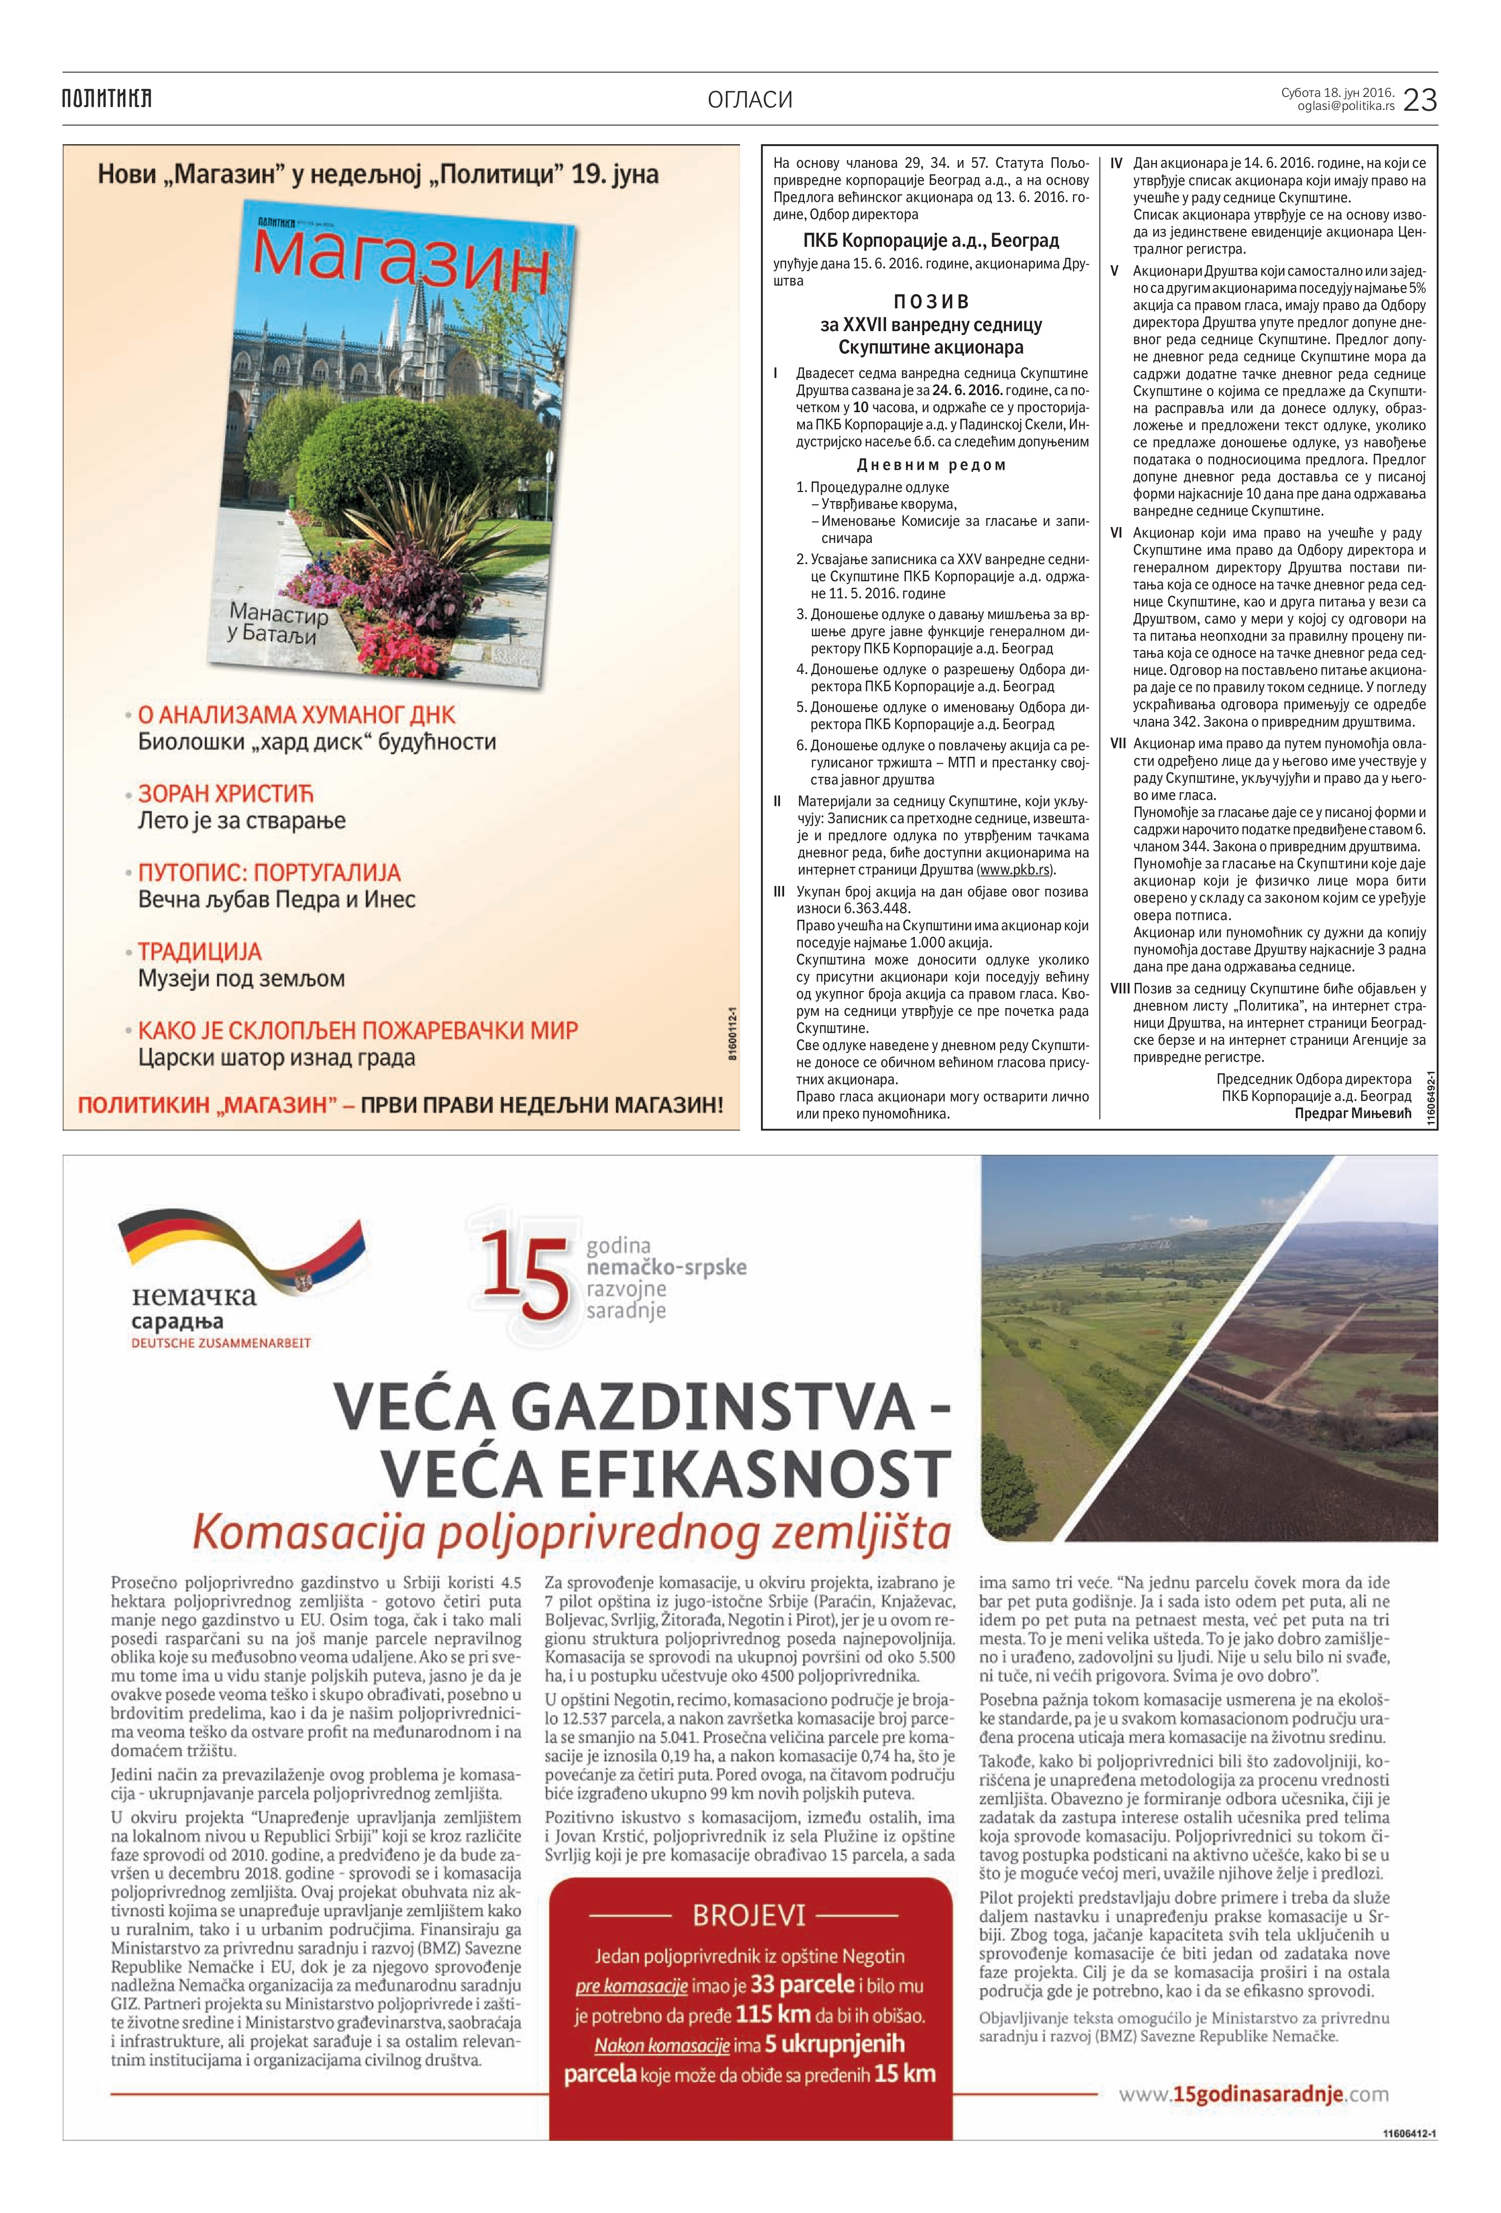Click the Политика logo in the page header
click(107, 98)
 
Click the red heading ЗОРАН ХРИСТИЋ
click(226, 794)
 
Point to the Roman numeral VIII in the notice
click(1120, 989)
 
